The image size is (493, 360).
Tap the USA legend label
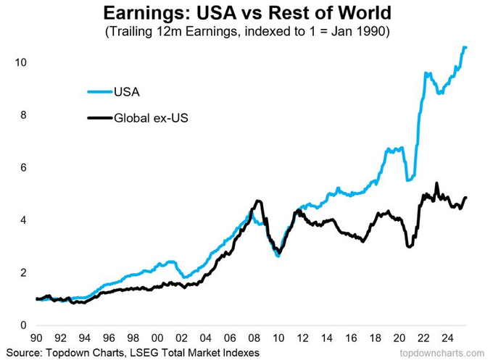pyautogui.click(x=127, y=91)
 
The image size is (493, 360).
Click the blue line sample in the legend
pyautogui.click(x=99, y=91)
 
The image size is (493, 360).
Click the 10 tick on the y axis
pyautogui.click(x=22, y=63)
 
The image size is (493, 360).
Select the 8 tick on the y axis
pyautogui.click(x=24, y=115)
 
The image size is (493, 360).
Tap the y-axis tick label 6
pyautogui.click(x=24, y=168)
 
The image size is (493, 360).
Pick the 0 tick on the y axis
pyautogui.click(x=24, y=325)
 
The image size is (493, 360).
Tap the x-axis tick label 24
pyautogui.click(x=450, y=338)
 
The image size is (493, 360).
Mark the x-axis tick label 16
pyautogui.click(x=353, y=338)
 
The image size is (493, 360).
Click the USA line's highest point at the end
pyautogui.click(x=465, y=47)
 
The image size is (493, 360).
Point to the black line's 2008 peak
pyautogui.click(x=257, y=201)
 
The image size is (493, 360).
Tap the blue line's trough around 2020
pyautogui.click(x=410, y=179)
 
